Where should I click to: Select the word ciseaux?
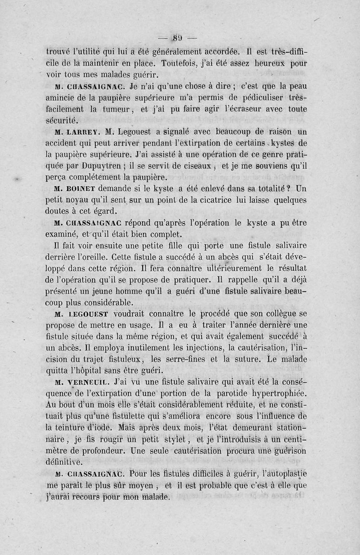click(x=184, y=166)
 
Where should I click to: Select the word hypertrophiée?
click(x=275, y=394)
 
